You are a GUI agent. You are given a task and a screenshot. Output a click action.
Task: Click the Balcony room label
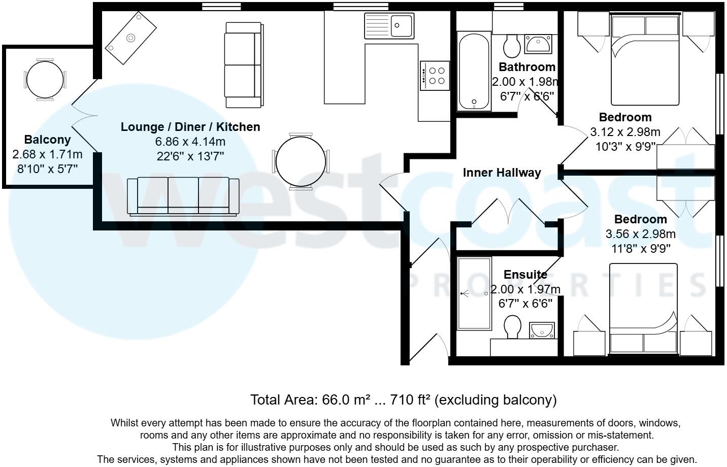47,140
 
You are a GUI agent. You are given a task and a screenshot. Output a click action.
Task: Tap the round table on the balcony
45,80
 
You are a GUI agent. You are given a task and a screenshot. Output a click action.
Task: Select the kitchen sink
389,25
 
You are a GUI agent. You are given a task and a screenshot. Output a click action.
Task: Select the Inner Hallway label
502,173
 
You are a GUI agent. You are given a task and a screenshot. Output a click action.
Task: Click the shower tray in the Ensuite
474,293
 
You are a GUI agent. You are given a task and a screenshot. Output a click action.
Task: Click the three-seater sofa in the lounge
183,196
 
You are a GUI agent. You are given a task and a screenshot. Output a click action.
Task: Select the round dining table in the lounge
301,161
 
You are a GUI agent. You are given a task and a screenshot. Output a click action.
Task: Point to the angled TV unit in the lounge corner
130,38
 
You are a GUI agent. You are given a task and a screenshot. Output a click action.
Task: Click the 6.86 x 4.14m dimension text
190,142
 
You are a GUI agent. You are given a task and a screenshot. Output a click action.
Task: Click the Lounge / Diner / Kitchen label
190,127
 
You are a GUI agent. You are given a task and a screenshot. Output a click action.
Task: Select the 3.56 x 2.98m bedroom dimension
640,234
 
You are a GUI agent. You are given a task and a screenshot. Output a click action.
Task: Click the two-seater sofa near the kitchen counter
243,65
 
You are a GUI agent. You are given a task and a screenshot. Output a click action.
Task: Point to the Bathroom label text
527,67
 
